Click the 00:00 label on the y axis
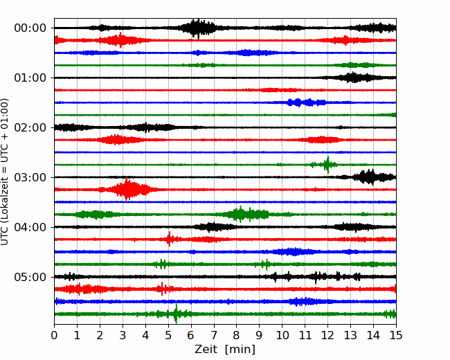[x=30, y=28]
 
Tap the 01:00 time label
[x=30, y=78]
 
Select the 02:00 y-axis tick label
[x=30, y=128]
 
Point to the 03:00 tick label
[x=30, y=177]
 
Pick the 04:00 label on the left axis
[x=30, y=227]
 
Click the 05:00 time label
[x=30, y=278]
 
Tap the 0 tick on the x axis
[x=54, y=335]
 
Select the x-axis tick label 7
[x=214, y=335]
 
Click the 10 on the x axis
[x=282, y=335]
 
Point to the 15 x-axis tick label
[x=396, y=335]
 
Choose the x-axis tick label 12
[x=327, y=335]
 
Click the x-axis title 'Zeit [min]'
[x=225, y=350]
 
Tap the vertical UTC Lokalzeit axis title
[x=5, y=172]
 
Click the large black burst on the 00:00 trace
[x=197, y=28]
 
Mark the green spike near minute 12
[x=327, y=165]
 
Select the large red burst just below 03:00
[x=127, y=189]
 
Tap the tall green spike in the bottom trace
[x=176, y=314]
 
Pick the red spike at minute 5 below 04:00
[x=169, y=239]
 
